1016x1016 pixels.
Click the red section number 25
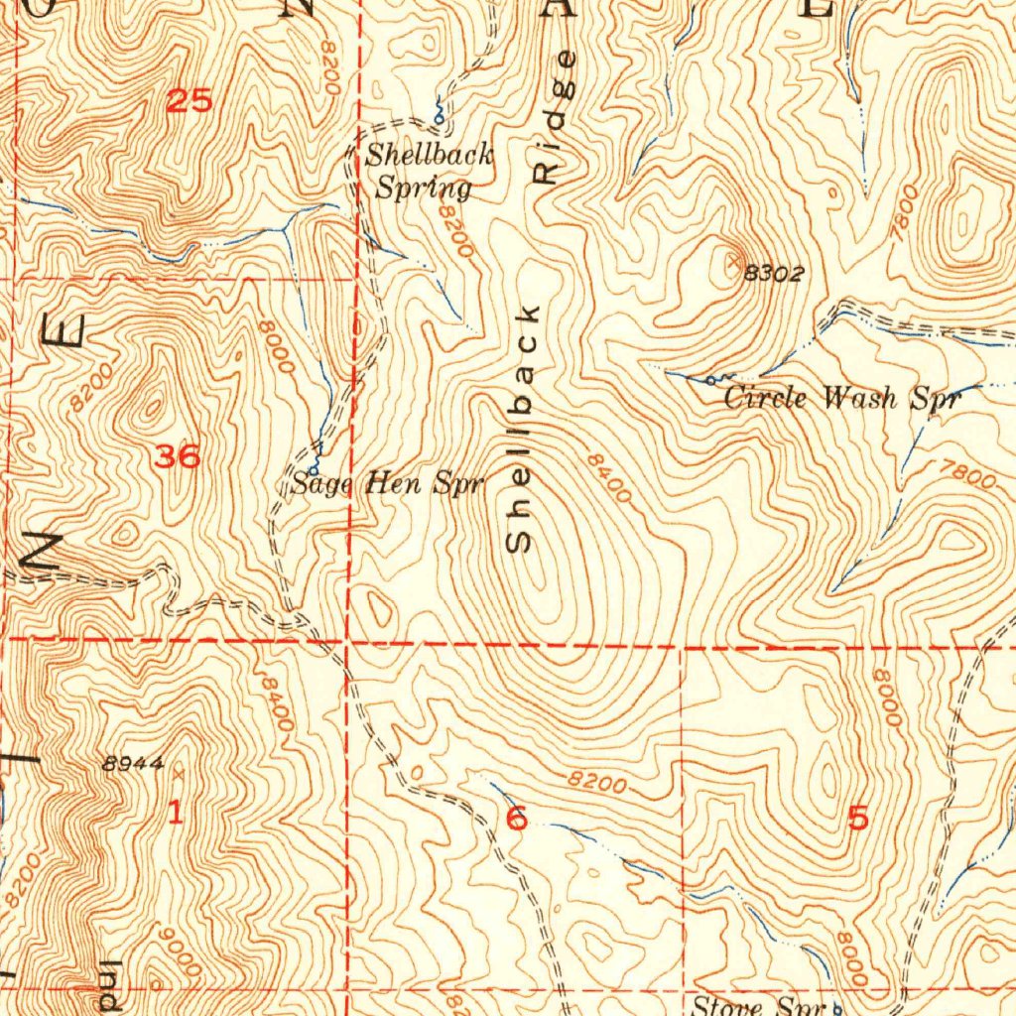pyautogui.click(x=189, y=101)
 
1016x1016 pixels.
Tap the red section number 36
pyautogui.click(x=179, y=457)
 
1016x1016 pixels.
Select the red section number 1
pyautogui.click(x=175, y=815)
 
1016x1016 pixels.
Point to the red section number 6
pyautogui.click(x=516, y=820)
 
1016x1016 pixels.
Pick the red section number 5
pyautogui.click(x=858, y=819)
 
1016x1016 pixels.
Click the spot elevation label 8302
pyautogui.click(x=774, y=274)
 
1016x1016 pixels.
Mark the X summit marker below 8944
pyautogui.click(x=178, y=771)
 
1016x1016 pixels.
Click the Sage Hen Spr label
pyautogui.click(x=387, y=484)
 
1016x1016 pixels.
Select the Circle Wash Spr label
pyautogui.click(x=842, y=399)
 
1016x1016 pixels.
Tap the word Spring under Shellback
pyautogui.click(x=423, y=188)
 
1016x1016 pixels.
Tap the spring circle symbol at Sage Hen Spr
pyautogui.click(x=315, y=466)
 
